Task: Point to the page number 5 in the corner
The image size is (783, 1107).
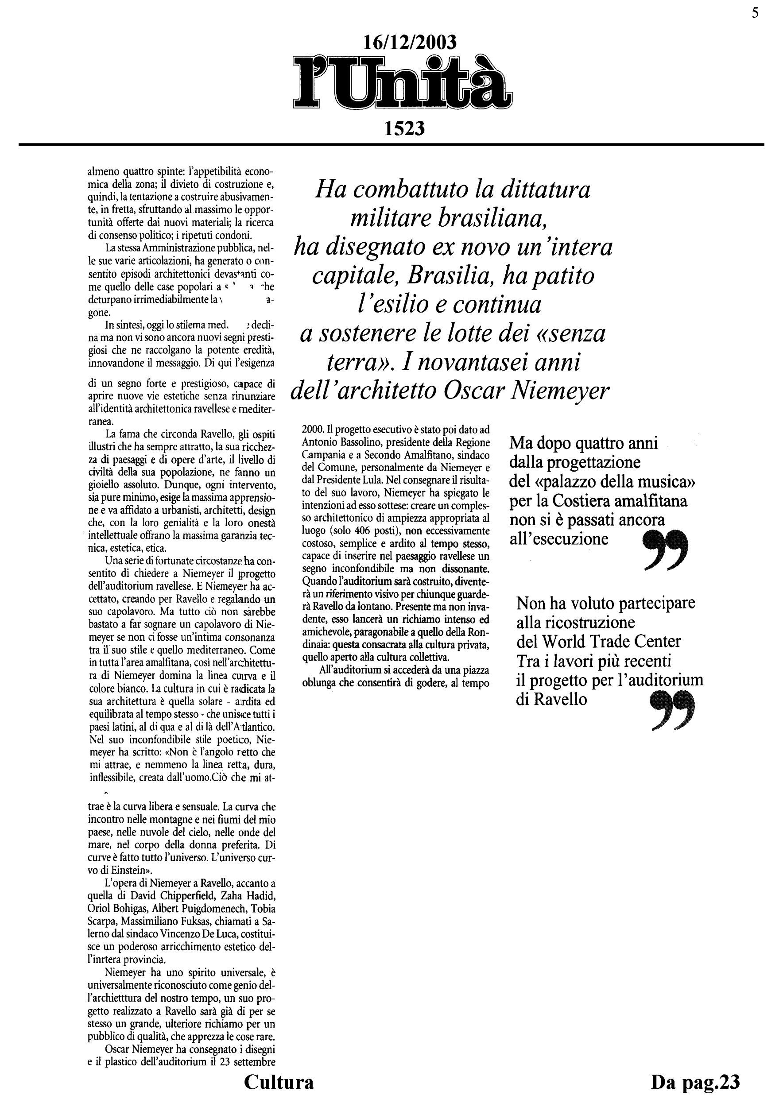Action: [x=755, y=13]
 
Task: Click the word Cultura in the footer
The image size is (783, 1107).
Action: [x=279, y=1082]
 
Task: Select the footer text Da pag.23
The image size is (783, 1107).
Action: [x=695, y=1082]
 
